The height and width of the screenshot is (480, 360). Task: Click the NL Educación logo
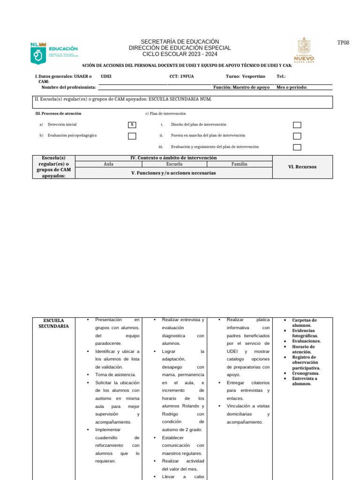[54, 53]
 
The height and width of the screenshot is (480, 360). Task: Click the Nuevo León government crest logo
[307, 50]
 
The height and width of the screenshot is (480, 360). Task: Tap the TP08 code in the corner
[343, 43]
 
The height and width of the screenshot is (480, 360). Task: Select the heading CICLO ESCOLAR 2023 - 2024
[180, 54]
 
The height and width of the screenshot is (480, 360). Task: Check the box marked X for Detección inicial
[132, 125]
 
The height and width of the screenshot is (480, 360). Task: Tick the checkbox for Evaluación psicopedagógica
[132, 136]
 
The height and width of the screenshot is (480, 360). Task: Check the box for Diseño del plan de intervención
[297, 125]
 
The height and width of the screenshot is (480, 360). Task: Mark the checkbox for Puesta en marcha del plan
[297, 136]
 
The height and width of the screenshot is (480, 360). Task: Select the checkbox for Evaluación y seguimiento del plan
[297, 147]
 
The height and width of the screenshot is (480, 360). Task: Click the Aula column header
[108, 165]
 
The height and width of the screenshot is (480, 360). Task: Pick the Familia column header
[239, 165]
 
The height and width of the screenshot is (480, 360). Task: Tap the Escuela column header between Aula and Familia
[174, 165]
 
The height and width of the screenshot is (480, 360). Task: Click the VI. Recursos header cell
[302, 167]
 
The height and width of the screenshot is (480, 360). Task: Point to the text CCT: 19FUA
[181, 76]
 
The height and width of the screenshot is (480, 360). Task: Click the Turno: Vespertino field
[245, 76]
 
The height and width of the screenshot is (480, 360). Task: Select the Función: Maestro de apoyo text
[241, 87]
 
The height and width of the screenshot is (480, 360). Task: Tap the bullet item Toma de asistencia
[115, 375]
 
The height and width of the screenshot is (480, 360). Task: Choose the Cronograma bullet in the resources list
[306, 373]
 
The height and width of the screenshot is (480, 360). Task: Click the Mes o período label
[292, 87]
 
